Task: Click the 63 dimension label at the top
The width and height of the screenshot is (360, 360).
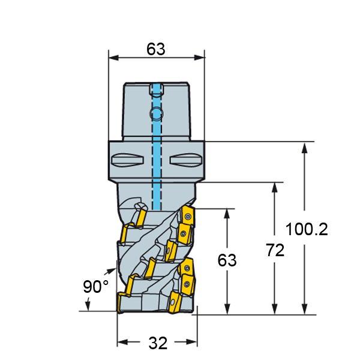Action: [155, 49]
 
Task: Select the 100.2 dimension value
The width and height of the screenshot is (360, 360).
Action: [307, 229]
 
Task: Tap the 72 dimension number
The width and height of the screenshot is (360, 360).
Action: [275, 250]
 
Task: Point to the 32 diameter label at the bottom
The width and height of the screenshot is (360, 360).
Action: [158, 343]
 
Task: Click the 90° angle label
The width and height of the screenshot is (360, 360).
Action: [95, 287]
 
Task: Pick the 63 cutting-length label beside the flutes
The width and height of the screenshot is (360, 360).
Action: [227, 260]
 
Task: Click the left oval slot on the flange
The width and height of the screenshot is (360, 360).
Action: [127, 160]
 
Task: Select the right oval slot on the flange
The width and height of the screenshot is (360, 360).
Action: [186, 160]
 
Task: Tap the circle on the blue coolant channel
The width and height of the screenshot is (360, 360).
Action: [157, 113]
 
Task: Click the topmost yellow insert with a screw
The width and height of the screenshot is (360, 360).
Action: [188, 216]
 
